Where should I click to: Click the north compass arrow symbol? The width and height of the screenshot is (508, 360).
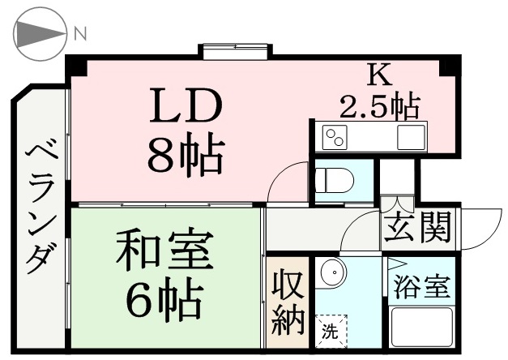40,34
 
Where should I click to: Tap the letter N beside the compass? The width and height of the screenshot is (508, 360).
80,34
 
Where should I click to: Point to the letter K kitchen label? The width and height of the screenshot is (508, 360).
379,75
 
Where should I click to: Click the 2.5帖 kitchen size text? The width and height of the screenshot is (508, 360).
380,106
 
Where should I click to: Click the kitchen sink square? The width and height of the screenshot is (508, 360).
411,137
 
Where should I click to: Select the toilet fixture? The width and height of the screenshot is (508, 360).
335,180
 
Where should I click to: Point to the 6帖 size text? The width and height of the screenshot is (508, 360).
164,298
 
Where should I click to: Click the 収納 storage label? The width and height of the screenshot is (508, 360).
288,302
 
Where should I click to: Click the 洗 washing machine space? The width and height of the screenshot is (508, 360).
331,331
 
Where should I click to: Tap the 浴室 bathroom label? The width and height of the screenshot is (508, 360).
423,286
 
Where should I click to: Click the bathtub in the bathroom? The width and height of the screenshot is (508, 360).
422,328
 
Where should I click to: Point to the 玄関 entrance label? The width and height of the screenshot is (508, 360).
418,227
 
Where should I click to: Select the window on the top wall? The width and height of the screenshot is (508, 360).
236,52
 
